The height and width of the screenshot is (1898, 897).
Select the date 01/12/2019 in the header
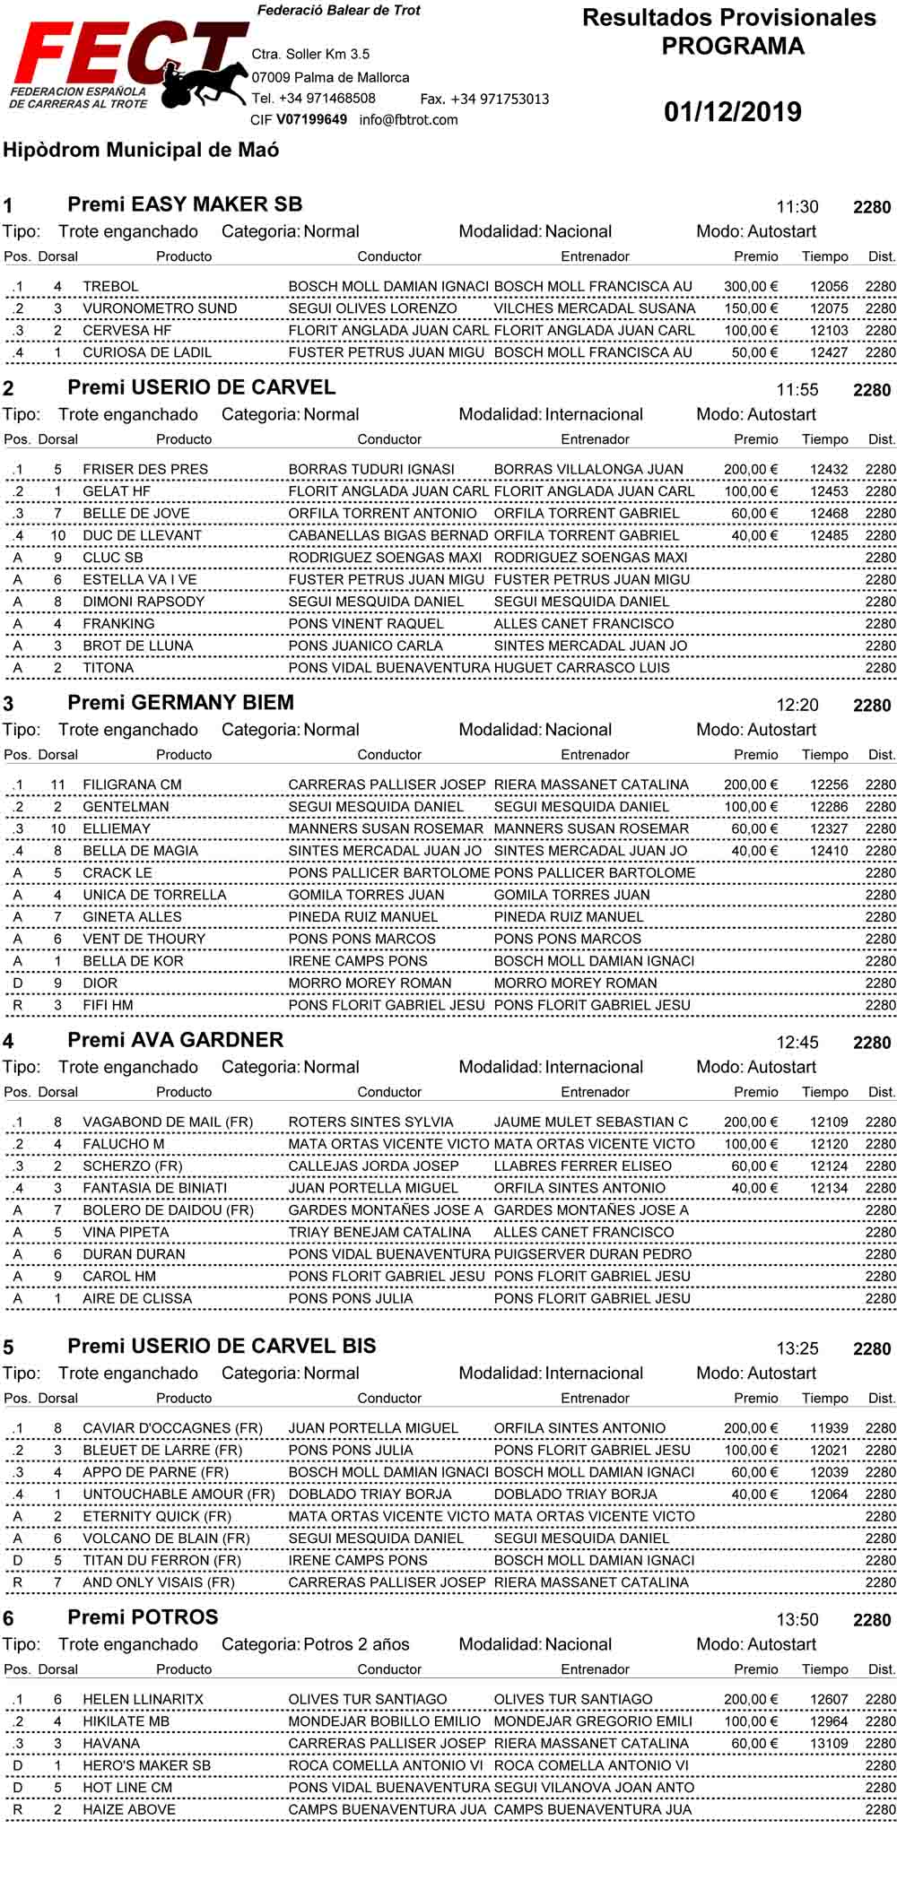pyautogui.click(x=733, y=112)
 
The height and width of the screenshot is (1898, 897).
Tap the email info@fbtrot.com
pyautogui.click(x=408, y=120)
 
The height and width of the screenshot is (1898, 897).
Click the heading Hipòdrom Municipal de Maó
pyautogui.click(x=141, y=151)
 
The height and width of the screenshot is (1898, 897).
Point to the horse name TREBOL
pyautogui.click(x=110, y=287)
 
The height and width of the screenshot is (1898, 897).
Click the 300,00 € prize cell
pyautogui.click(x=750, y=287)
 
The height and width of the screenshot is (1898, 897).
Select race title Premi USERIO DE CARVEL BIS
pyautogui.click(x=222, y=1347)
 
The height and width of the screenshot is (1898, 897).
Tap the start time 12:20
pyautogui.click(x=797, y=706)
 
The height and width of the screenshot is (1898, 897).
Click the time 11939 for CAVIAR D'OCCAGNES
pyautogui.click(x=828, y=1428)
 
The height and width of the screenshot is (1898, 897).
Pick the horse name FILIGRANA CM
pyautogui.click(x=132, y=784)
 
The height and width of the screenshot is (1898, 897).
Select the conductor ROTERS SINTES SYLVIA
pyautogui.click(x=370, y=1122)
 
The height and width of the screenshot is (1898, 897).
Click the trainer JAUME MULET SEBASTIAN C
pyautogui.click(x=590, y=1122)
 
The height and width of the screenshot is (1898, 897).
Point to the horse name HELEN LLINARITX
pyautogui.click(x=143, y=1700)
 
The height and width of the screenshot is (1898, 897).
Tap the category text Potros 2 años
pyautogui.click(x=356, y=1645)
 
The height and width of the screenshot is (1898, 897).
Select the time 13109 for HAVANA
pyautogui.click(x=828, y=1744)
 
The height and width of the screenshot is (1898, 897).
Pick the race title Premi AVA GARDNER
pyautogui.click(x=175, y=1040)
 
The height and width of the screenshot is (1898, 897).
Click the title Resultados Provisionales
pyautogui.click(x=728, y=18)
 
